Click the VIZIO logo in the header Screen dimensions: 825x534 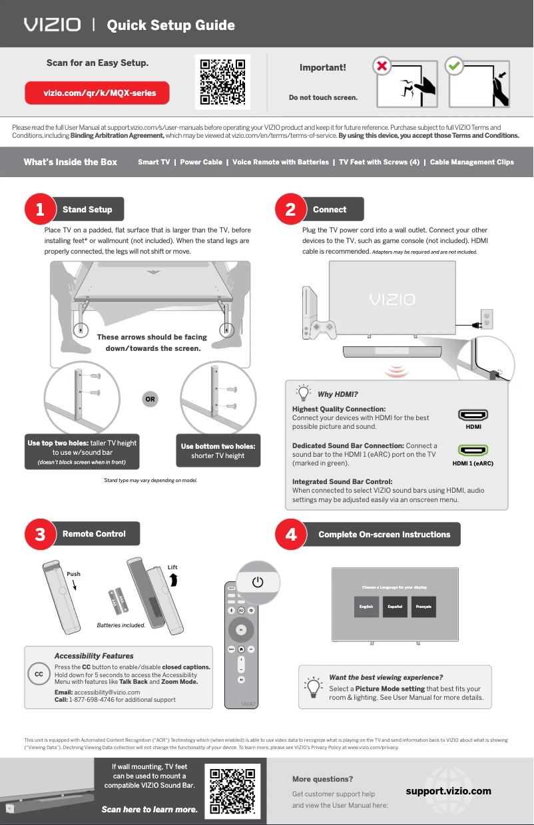pyautogui.click(x=53, y=25)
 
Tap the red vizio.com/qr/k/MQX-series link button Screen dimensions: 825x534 pyautogui.click(x=97, y=93)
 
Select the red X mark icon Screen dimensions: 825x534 pyautogui.click(x=382, y=67)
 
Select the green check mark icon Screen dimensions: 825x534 pyautogui.click(x=454, y=67)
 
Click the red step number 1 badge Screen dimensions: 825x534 pyautogui.click(x=39, y=209)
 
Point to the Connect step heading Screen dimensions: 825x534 pyautogui.click(x=330, y=209)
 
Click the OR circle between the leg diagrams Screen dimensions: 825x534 pyautogui.click(x=150, y=400)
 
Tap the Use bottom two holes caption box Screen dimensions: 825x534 pyautogui.click(x=218, y=451)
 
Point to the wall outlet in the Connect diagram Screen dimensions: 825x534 pyautogui.click(x=487, y=319)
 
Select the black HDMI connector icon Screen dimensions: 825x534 pyautogui.click(x=473, y=415)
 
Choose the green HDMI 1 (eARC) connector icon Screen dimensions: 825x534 pyautogui.click(x=473, y=451)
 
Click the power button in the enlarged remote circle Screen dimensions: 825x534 pyautogui.click(x=258, y=582)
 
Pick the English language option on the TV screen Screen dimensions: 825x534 pyautogui.click(x=366, y=607)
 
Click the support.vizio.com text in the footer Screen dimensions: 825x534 pyautogui.click(x=448, y=791)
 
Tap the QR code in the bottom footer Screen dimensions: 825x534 pyautogui.click(x=233, y=792)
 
